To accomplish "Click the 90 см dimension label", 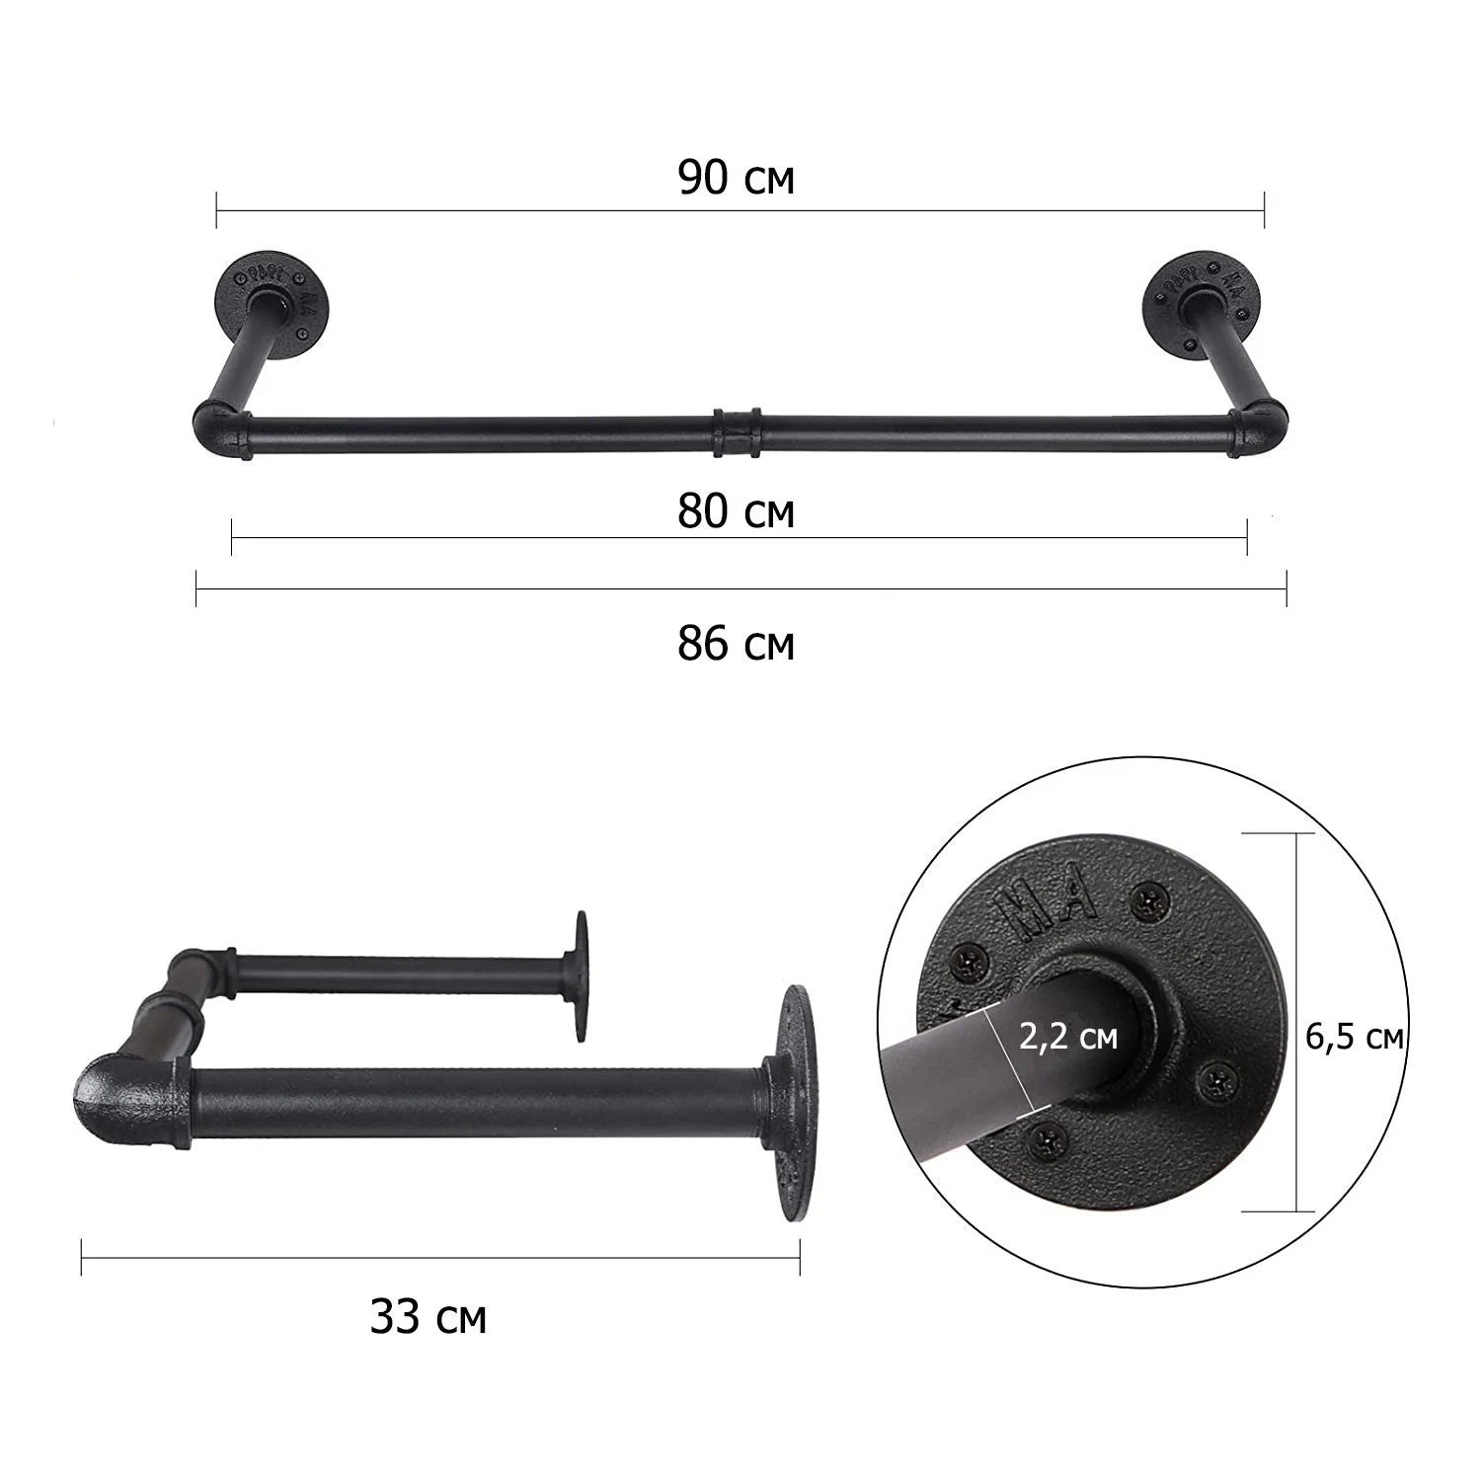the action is [x=737, y=178].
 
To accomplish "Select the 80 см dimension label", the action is [x=737, y=511].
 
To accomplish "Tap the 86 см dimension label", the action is [x=737, y=644].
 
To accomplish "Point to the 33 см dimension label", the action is [x=429, y=1316].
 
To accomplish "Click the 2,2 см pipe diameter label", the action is [x=1067, y=1037].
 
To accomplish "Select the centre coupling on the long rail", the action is [x=737, y=430].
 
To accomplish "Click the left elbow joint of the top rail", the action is [x=221, y=428].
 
